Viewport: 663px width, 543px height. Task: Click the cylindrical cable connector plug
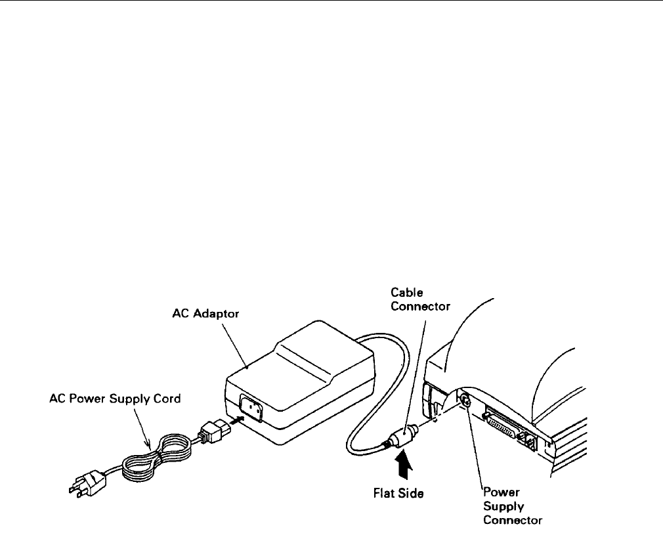(x=402, y=438)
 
